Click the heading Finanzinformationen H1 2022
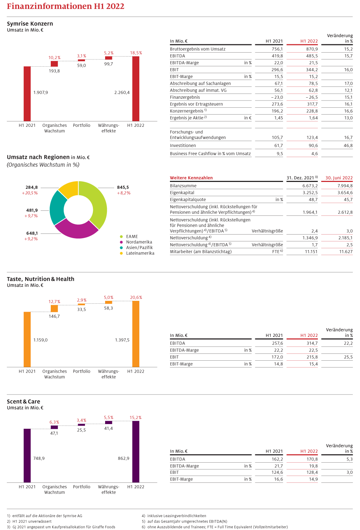tap(66, 6)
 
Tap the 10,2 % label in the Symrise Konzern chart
tap(54, 58)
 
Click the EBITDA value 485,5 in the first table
tap(312, 56)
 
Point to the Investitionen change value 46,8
tap(348, 146)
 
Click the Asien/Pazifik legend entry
tap(139, 248)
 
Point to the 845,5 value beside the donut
tap(123, 187)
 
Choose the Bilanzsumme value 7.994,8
tap(345, 186)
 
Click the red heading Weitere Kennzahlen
tap(191, 178)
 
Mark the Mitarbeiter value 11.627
tap(346, 252)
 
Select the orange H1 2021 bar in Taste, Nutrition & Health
tap(27, 339)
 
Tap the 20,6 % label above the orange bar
tap(136, 298)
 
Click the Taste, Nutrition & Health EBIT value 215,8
tap(312, 357)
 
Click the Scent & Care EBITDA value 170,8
tap(312, 459)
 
